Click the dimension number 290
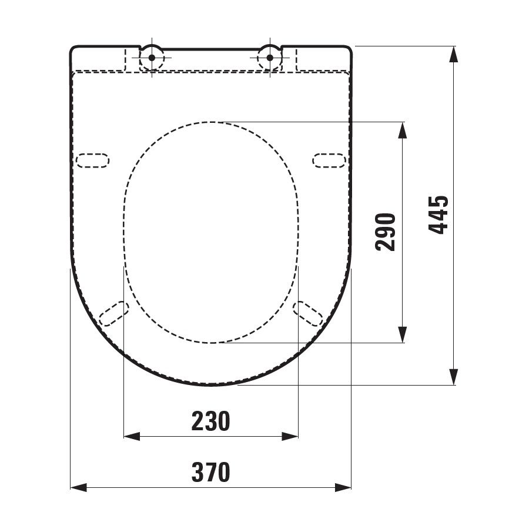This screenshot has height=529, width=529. [x=386, y=232]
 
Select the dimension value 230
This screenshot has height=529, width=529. [x=210, y=421]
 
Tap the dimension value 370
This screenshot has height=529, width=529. [x=210, y=472]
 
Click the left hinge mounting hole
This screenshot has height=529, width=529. [x=152, y=58]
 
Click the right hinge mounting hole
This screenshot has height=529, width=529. [x=270, y=58]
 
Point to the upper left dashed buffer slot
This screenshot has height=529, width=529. [x=93, y=160]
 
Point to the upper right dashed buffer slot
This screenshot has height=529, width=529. [x=329, y=160]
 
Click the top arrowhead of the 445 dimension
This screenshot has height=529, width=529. [x=454, y=54]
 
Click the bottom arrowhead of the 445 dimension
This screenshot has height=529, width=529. [x=454, y=377]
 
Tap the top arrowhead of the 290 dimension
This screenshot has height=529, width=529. [x=401, y=130]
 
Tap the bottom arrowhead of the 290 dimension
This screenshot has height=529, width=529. [x=401, y=334]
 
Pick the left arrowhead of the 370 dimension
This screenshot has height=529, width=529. [x=79, y=487]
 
